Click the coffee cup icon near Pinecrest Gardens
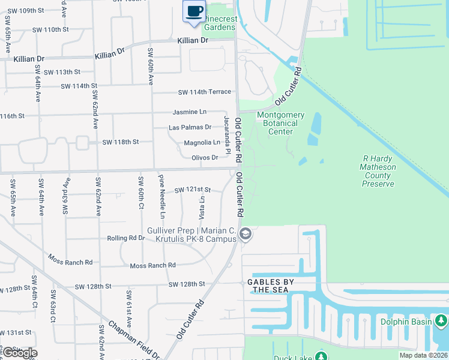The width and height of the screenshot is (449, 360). click(194, 11)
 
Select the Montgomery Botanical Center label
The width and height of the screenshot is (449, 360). click(280, 123)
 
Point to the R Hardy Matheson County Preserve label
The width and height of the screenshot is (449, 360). click(378, 171)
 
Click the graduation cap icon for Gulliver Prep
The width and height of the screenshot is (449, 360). click(245, 235)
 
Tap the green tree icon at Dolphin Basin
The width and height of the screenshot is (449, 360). click(442, 322)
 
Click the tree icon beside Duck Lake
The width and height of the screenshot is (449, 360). click(321, 356)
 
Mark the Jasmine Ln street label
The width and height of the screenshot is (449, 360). click(189, 112)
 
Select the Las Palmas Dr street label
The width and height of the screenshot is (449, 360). click(190, 127)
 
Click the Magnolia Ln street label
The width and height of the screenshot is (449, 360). click(202, 143)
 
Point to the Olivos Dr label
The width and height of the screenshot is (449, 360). click(204, 158)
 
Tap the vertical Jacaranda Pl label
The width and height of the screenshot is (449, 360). click(228, 135)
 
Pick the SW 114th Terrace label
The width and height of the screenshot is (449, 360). click(204, 92)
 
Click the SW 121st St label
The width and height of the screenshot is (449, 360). click(192, 190)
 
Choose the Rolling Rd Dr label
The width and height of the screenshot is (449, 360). click(125, 238)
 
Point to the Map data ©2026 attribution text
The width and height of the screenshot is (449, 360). click(423, 355)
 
